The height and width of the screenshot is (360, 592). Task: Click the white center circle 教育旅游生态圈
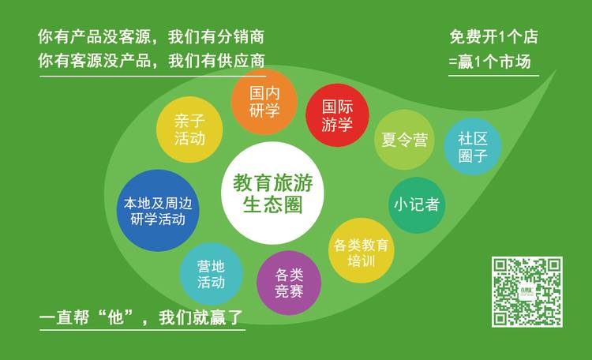(272, 193)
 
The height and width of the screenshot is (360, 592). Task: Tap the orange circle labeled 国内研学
(264, 102)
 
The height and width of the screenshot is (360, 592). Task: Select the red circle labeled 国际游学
(337, 115)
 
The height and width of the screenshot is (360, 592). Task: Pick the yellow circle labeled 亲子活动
(189, 129)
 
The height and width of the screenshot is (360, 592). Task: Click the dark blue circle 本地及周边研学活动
(158, 211)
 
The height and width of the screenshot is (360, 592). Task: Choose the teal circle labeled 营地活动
(211, 274)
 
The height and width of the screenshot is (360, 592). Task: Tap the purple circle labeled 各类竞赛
(289, 283)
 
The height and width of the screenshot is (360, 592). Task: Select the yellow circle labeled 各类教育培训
(362, 250)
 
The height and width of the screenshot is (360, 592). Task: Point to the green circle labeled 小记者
(417, 205)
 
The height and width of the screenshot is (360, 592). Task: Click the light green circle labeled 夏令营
(404, 140)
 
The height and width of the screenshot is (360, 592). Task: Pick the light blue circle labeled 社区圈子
(473, 147)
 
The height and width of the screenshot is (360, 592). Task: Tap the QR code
(527, 292)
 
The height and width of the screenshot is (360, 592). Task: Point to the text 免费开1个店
(493, 37)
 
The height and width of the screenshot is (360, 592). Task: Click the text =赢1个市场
(489, 62)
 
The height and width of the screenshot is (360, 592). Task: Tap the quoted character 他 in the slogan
(115, 317)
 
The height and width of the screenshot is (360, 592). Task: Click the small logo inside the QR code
(527, 291)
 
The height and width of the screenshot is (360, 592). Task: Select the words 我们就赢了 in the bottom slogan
(200, 317)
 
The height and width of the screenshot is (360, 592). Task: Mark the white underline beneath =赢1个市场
(493, 76)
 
